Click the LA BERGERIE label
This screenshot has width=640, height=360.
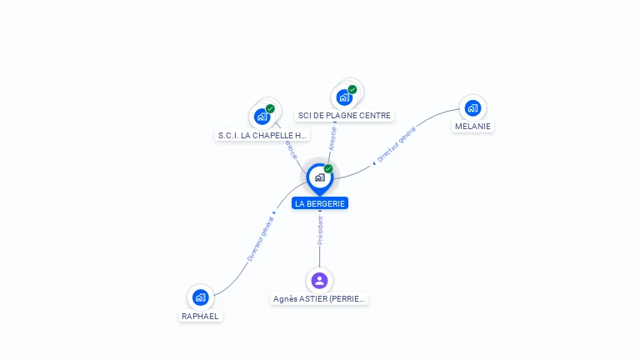320,203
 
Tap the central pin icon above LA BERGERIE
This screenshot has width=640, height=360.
319,177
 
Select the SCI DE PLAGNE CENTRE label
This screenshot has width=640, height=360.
344,116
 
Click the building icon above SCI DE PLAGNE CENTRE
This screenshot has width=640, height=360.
344,97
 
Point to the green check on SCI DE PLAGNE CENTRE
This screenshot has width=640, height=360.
352,89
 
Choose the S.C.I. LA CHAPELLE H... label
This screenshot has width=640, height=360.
262,135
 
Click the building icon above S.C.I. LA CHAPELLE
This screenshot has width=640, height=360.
262,117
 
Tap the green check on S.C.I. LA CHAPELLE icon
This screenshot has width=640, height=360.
270,108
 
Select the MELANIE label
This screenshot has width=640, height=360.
472,127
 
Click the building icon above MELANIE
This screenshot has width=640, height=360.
472,107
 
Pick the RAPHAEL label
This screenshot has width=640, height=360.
200,317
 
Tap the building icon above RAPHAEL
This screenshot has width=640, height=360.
200,297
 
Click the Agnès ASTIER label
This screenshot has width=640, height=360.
320,298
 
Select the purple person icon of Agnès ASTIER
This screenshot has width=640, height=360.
319,280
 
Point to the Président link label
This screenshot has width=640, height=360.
320,230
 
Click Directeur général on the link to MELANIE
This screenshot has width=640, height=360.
397,144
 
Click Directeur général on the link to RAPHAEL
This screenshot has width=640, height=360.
260,239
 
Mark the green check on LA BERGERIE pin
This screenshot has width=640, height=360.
328,169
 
